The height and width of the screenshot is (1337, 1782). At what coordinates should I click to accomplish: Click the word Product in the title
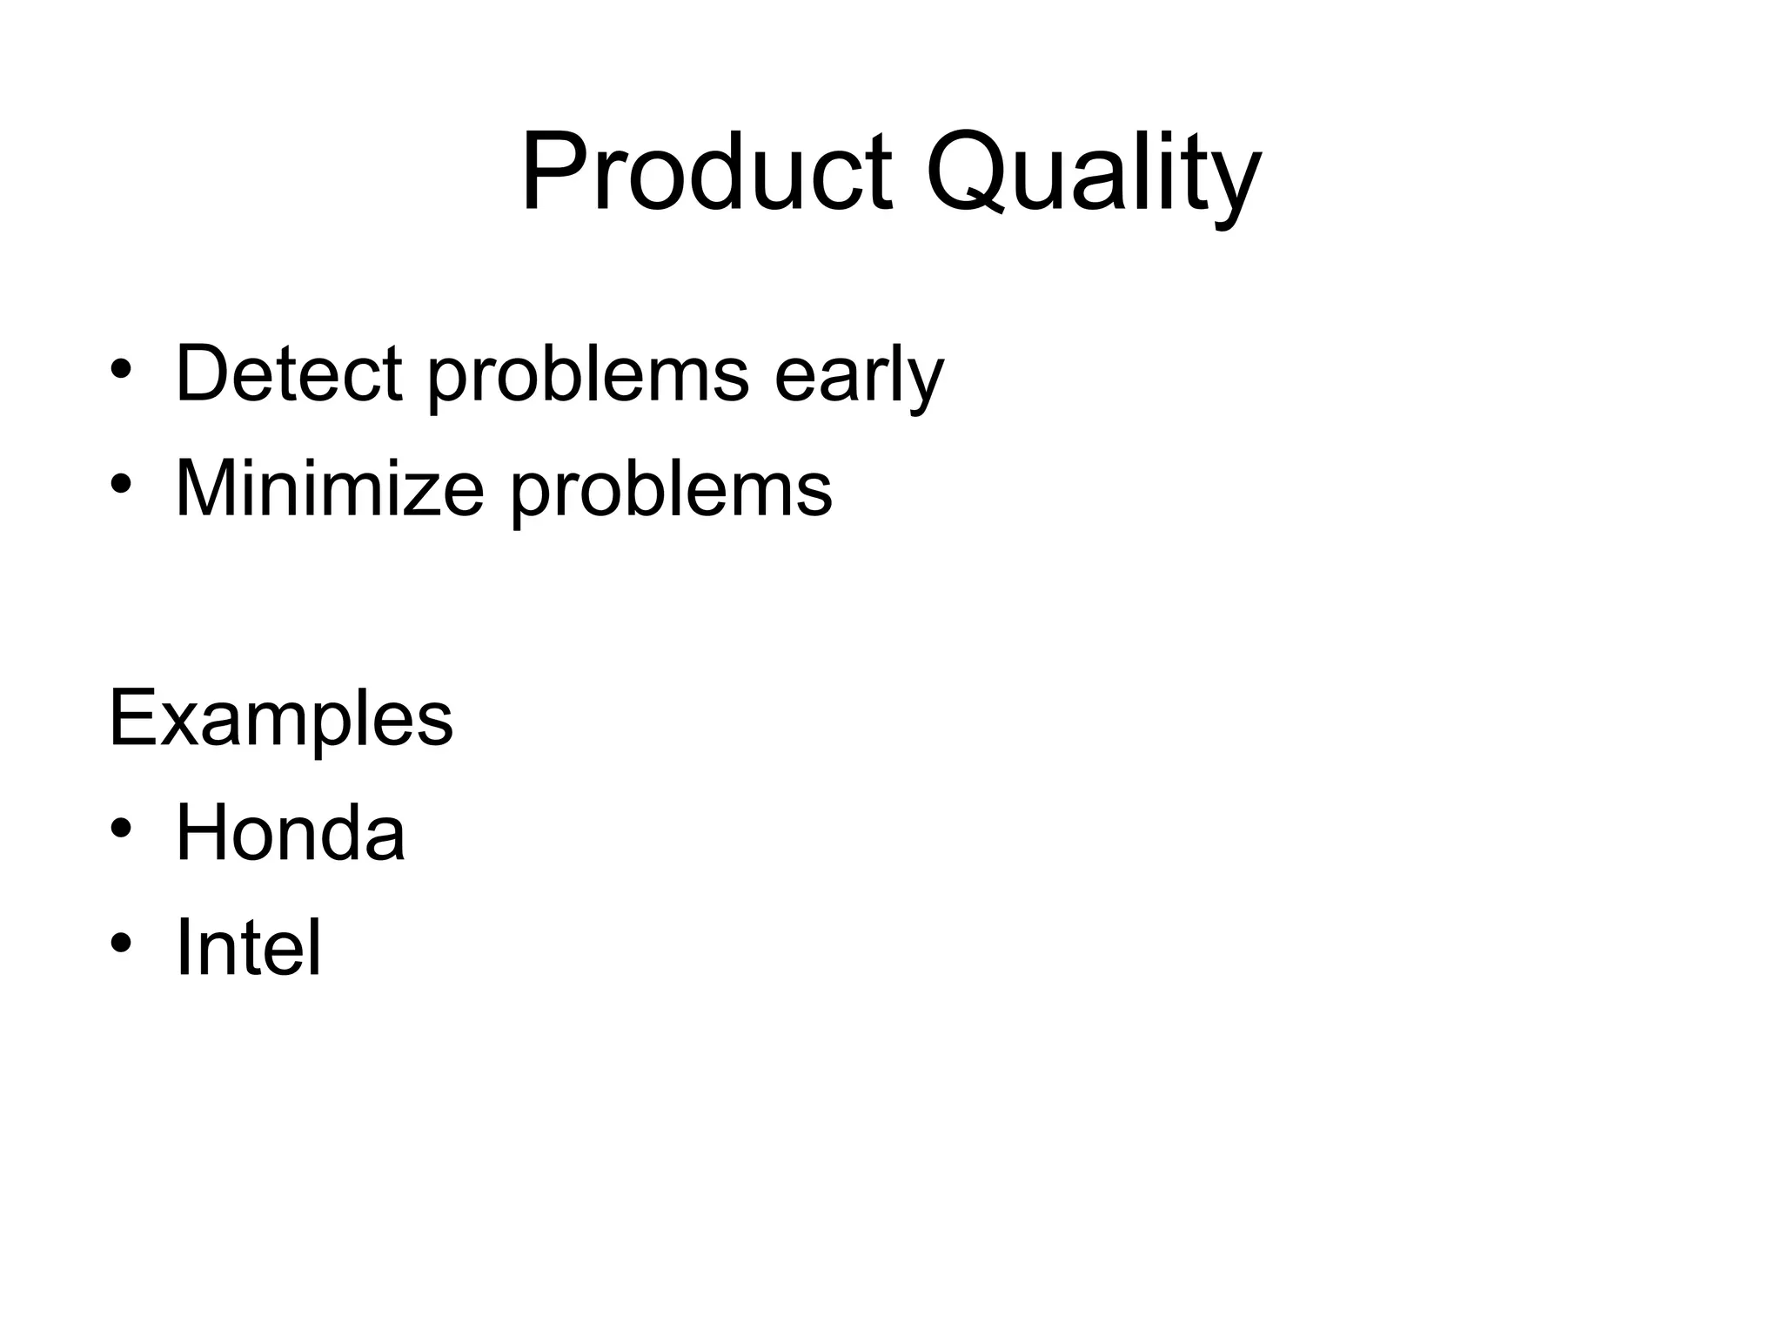tap(706, 171)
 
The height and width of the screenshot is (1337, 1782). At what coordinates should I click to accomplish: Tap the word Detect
tap(288, 374)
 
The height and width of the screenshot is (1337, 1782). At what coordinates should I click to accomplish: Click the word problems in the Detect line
tap(587, 376)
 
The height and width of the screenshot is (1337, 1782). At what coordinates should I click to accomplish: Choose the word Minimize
tap(329, 489)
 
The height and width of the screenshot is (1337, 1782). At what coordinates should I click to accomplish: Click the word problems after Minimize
tap(671, 491)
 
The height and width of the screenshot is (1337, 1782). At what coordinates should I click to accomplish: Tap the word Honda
tap(290, 833)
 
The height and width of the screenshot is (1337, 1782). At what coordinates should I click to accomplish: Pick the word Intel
tap(248, 947)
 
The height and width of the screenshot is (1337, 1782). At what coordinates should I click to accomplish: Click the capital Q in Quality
tap(965, 171)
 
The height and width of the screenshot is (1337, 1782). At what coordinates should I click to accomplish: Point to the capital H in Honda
tap(201, 833)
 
